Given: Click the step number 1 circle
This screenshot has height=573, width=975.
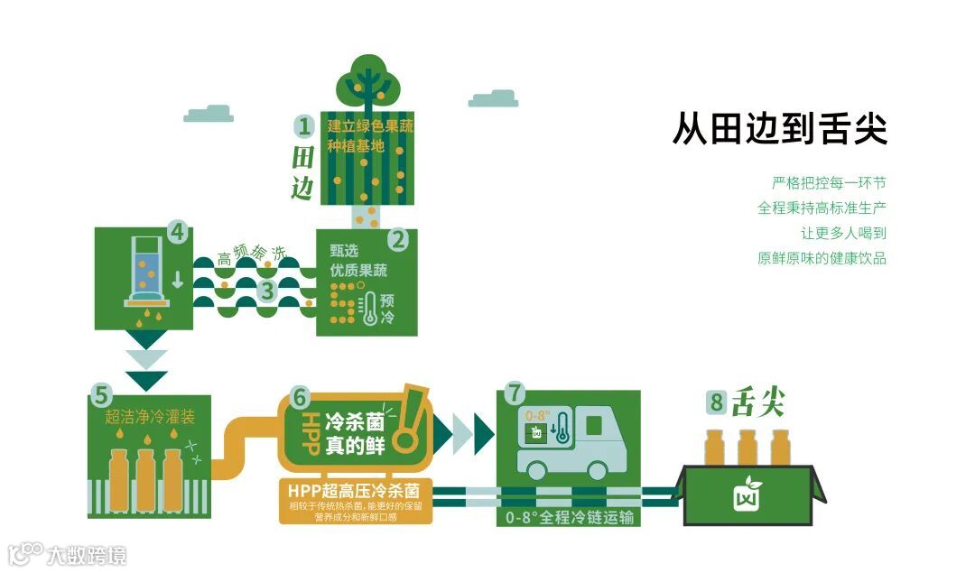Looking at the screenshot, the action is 305,125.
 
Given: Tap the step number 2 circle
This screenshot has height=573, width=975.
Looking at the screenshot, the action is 398,240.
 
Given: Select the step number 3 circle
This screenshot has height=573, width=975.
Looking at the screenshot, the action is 266,291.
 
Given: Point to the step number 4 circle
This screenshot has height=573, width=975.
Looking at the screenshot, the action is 177,232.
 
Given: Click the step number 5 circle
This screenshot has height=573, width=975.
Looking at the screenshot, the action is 101,395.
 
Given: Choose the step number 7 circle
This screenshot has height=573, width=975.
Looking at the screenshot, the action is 515,393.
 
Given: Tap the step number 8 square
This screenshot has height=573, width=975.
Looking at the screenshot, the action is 717,403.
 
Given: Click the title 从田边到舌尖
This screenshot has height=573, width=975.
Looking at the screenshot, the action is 780,129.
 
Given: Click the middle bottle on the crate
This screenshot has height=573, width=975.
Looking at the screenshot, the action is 747,448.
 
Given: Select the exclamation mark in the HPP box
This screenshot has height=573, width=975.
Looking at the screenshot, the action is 413,418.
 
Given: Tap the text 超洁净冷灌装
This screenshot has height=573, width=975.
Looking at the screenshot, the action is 150,418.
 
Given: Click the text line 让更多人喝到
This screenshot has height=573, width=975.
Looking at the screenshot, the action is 847,233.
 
